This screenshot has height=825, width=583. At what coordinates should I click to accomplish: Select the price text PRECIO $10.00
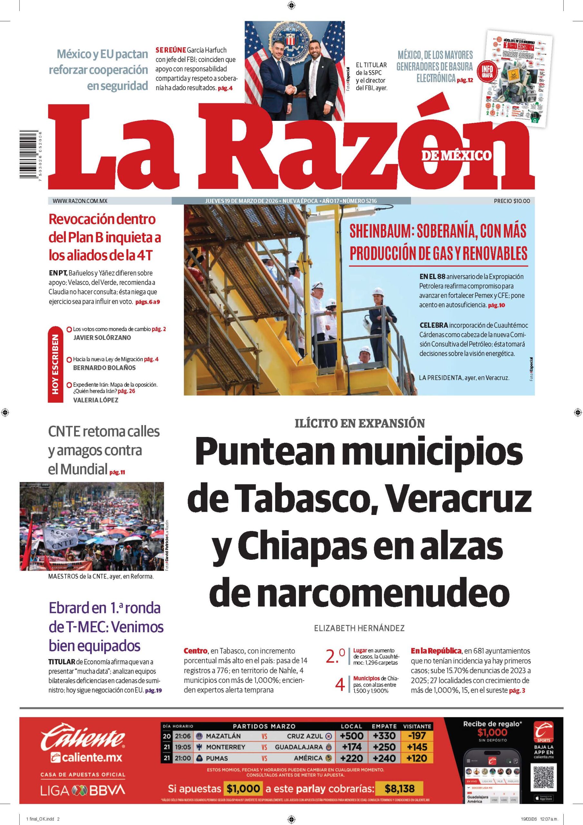click(511, 201)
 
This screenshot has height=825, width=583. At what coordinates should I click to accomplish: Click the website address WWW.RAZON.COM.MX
click(80, 201)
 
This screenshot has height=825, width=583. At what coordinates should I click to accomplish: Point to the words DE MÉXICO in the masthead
click(456, 155)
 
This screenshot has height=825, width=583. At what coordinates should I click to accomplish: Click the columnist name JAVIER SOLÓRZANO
click(102, 337)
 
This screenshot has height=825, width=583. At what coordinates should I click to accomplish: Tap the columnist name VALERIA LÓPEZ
click(95, 400)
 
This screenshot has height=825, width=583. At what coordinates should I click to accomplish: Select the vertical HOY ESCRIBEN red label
click(55, 364)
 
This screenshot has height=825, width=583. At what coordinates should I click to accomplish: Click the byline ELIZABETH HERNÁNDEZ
click(359, 628)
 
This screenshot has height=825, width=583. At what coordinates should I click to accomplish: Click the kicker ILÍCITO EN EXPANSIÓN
click(359, 423)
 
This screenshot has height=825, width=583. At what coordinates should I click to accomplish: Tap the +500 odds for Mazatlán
click(352, 735)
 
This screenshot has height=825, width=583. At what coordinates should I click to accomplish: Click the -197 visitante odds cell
click(417, 735)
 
